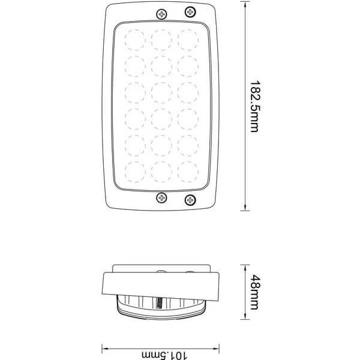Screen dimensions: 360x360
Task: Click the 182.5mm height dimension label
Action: [x=254, y=106]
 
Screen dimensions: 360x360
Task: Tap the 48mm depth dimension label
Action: [x=255, y=292]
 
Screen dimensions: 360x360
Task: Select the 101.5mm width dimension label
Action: [x=164, y=355]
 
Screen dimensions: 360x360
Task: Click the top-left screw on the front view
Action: [x=161, y=14]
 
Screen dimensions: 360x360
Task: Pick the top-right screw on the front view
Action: [x=190, y=12]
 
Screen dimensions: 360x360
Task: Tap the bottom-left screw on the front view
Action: [x=161, y=197]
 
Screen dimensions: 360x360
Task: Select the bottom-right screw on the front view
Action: [x=190, y=200]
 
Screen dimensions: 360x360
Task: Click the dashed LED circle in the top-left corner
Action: [x=135, y=40]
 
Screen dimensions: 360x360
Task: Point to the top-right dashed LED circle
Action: [x=188, y=40]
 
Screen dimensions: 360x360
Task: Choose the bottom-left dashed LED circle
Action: [x=135, y=172]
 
